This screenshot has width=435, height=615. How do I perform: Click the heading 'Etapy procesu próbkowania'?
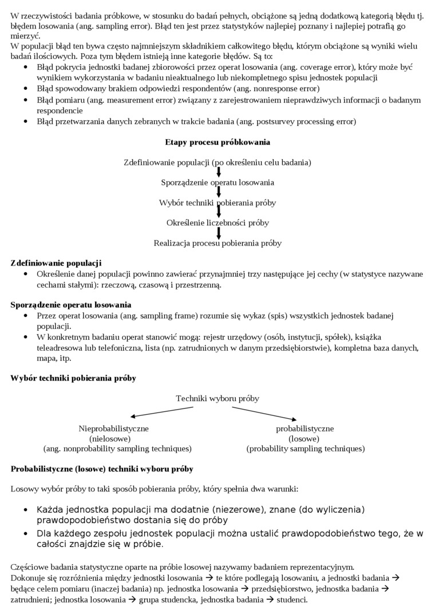pyautogui.click(x=217, y=142)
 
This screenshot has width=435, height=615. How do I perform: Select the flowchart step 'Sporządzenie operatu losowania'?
pyautogui.click(x=217, y=182)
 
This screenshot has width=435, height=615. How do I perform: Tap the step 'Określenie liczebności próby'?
pyautogui.click(x=217, y=223)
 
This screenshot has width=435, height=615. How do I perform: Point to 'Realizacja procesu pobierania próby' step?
pyautogui.click(x=217, y=243)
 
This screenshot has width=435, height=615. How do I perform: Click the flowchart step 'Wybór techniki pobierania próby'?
pyautogui.click(x=217, y=203)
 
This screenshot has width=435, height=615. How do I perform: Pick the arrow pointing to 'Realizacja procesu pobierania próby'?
pyautogui.click(x=219, y=233)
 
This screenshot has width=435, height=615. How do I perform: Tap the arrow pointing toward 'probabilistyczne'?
pyautogui.click(x=272, y=413)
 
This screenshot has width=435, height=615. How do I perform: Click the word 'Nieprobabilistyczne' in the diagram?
pyautogui.click(x=114, y=428)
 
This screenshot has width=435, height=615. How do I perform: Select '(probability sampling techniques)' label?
pyautogui.click(x=305, y=449)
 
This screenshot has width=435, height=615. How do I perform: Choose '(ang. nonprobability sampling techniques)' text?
pyautogui.click(x=117, y=449)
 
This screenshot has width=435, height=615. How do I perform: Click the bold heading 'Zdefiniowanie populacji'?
pyautogui.click(x=56, y=263)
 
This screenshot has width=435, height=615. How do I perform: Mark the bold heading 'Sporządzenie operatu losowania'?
pyautogui.click(x=71, y=304)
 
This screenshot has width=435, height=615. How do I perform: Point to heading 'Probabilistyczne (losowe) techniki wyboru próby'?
pyautogui.click(x=102, y=469)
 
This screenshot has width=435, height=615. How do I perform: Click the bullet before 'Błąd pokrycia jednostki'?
pyautogui.click(x=26, y=68)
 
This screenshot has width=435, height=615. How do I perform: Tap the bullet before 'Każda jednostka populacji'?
pyautogui.click(x=26, y=510)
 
